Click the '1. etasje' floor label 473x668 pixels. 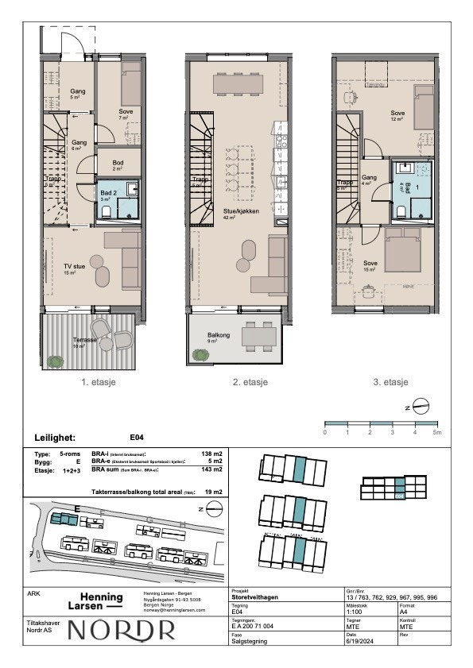(x=99, y=382)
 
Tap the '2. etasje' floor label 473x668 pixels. (x=249, y=382)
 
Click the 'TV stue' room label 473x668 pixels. (x=74, y=266)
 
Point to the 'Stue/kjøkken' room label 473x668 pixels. (x=238, y=210)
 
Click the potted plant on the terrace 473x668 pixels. (x=55, y=361)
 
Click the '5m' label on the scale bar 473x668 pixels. (x=436, y=432)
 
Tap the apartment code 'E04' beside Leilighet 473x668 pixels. (x=137, y=437)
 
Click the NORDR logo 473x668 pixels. (x=122, y=631)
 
